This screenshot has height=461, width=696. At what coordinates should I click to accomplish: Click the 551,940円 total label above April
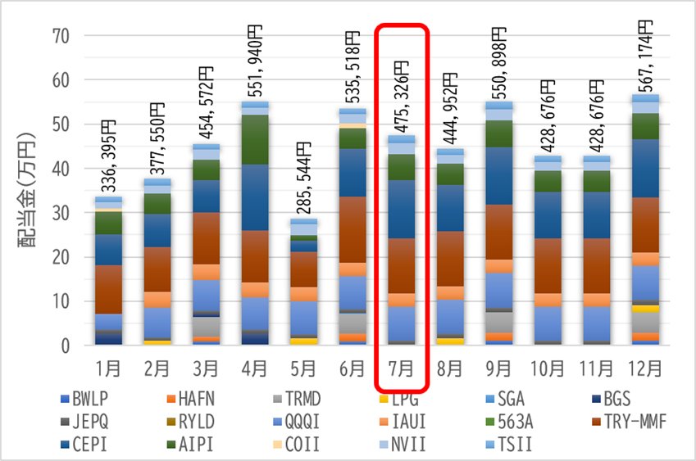click(x=255, y=61)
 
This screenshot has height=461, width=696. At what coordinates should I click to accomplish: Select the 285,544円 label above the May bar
click(x=304, y=178)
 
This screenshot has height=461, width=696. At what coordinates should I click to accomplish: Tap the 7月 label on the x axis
click(x=401, y=368)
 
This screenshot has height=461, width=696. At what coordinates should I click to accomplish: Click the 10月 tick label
click(x=548, y=368)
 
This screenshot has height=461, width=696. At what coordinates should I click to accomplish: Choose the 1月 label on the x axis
click(x=108, y=368)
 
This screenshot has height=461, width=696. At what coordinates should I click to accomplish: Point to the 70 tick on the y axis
click(x=61, y=36)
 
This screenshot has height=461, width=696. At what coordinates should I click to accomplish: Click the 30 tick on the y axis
click(x=61, y=213)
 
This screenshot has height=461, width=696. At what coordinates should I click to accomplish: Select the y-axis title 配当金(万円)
click(x=26, y=190)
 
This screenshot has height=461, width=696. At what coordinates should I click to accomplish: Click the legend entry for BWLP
click(x=84, y=399)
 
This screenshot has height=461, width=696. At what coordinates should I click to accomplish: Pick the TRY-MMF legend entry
click(x=630, y=422)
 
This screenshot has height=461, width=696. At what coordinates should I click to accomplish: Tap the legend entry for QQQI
click(x=296, y=422)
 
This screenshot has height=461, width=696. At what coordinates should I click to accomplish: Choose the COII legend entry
click(x=296, y=444)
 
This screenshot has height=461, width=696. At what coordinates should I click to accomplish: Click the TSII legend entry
click(x=509, y=444)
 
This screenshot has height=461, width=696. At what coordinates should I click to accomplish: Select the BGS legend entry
click(x=612, y=399)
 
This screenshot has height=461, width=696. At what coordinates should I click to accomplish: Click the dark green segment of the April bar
click(x=255, y=140)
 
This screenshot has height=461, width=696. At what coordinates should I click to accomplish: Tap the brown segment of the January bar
click(x=108, y=289)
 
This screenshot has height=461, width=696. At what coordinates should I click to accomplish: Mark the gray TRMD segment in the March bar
click(x=206, y=327)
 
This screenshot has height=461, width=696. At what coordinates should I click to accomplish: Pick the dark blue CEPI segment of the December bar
click(x=646, y=169)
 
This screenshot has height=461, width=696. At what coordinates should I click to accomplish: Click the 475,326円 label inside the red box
click(x=402, y=97)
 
